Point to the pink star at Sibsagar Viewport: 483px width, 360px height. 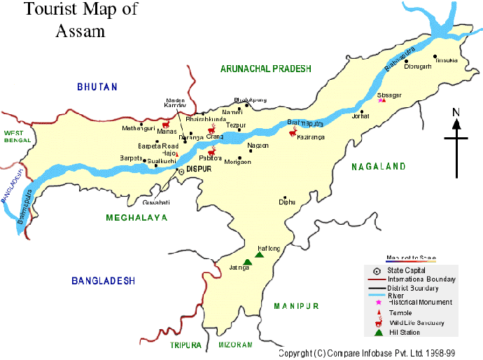coord(381,100)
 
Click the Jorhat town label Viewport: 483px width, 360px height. coord(360,117)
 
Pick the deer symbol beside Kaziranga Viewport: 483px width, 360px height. coord(294,131)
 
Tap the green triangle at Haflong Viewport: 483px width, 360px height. coord(258,255)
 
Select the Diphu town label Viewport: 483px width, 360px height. coord(287,202)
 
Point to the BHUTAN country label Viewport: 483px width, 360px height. coord(97,87)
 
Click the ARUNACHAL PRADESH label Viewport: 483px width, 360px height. coord(265,69)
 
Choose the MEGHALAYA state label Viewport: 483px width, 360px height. coord(136,218)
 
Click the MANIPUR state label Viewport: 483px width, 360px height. coord(296,306)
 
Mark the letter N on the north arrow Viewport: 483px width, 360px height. coord(456,112)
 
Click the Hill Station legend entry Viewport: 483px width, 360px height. coord(405,331)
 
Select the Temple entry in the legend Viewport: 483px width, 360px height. coord(400,312)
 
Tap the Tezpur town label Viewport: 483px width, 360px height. coord(237,125)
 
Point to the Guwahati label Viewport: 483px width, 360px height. coord(156,202)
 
